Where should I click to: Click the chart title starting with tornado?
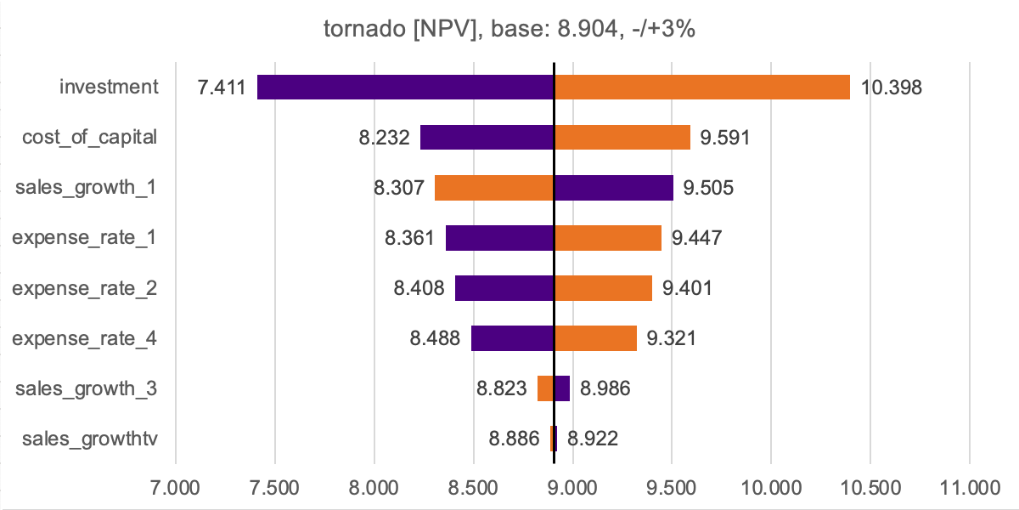pos(509,29)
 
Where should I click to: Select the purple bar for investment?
pos(405,87)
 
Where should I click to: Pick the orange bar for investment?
pos(702,87)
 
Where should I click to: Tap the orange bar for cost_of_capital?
pos(622,137)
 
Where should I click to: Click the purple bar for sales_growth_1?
pos(614,188)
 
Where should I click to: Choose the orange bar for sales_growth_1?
pos(494,188)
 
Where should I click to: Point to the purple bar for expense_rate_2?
pos(504,288)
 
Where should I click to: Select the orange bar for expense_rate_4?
pos(595,338)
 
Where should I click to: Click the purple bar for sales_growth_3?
pos(562,388)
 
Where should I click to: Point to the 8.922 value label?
pos(593,439)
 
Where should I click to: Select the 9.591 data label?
pos(725,137)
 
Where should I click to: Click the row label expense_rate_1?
pos(85,238)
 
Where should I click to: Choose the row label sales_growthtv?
pos(90,439)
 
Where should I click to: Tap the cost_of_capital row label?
pos(90,137)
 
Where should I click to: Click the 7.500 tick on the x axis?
pos(275,488)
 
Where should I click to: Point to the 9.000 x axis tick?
pos(572,488)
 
